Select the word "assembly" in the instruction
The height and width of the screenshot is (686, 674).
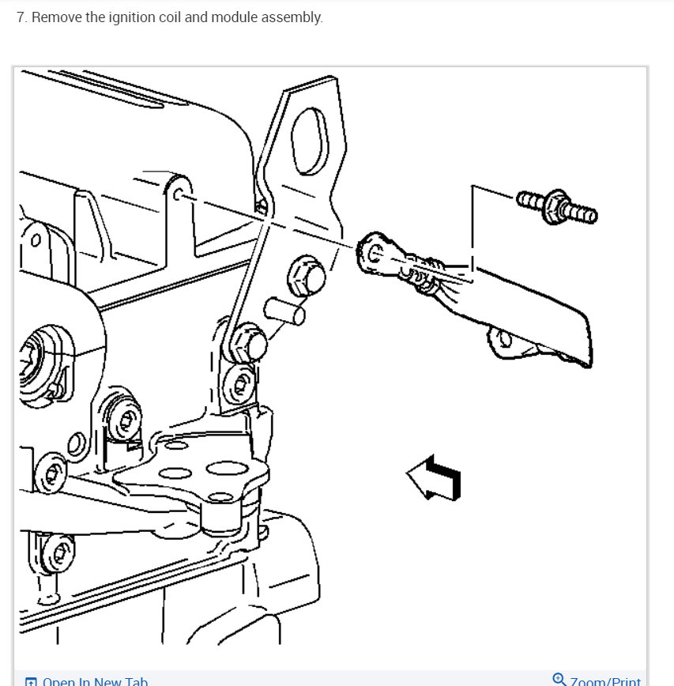point(293,17)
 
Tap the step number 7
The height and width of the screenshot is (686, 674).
point(21,17)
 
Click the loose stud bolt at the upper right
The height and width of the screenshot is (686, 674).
point(557,206)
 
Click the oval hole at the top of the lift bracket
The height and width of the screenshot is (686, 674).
point(307,141)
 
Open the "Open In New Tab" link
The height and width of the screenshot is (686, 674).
point(95,680)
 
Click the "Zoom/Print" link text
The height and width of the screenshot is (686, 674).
point(606,680)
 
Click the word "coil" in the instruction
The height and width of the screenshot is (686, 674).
point(170,17)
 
